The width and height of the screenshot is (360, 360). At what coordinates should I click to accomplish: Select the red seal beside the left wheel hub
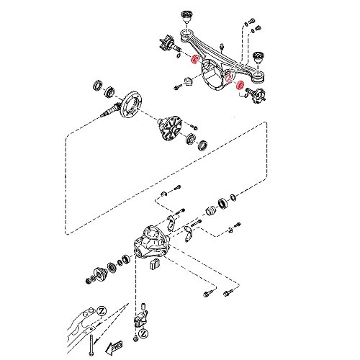[194, 59]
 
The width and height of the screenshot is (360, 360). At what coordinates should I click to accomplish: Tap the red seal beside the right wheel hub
[240, 89]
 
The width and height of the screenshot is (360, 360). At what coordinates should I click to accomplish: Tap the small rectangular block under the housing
[153, 266]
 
